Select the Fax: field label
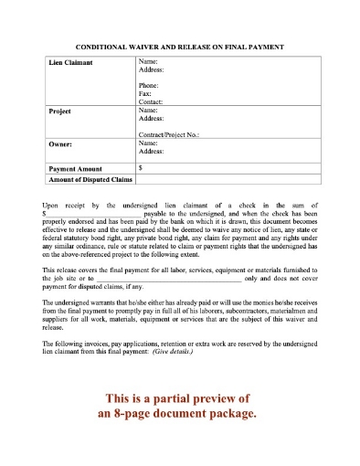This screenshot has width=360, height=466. pos(147,94)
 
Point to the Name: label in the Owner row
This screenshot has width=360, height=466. pos(149,143)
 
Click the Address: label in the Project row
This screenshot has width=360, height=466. pos(153,119)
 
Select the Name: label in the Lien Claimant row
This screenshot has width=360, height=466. pos(149,60)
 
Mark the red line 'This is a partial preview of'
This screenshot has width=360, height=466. pos(179,399)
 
